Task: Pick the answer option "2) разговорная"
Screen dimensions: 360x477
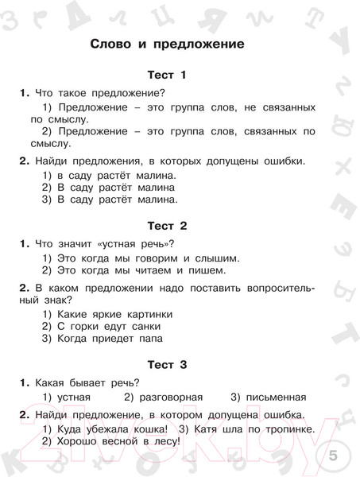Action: click(x=164, y=396)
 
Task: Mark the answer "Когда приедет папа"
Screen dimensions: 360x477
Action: click(x=110, y=338)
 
